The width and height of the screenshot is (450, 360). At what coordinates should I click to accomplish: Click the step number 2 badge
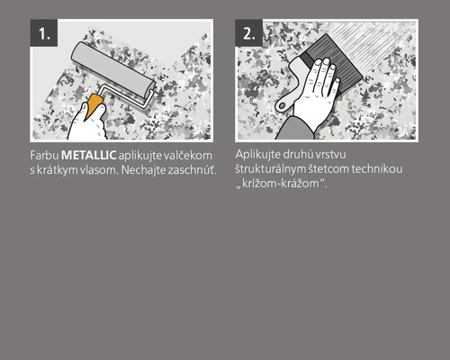click(249, 34)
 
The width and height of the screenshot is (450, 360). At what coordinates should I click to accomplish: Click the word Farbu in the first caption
click(43, 156)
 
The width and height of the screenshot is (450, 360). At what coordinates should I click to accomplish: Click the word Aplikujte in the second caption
click(261, 155)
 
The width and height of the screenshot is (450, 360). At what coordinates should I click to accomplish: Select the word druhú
click(308, 155)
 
